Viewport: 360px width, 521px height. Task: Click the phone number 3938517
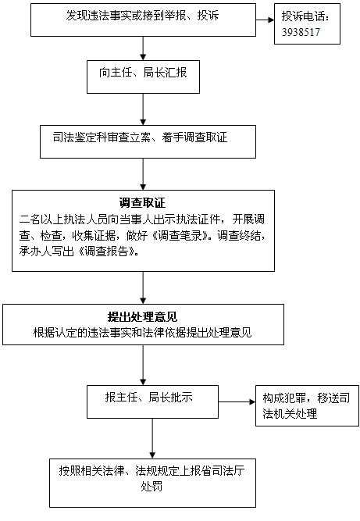coord(301,32)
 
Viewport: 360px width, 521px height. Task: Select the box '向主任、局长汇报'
coord(143,77)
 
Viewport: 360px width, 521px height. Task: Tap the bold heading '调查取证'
coord(142,202)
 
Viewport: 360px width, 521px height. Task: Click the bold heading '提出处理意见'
coord(142,317)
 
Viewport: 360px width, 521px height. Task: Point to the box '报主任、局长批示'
coord(152,401)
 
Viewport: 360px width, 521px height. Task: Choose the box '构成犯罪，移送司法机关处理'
coord(307,405)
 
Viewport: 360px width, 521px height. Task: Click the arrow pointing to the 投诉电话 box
coord(265,20)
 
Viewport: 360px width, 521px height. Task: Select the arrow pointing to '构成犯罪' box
coord(237,401)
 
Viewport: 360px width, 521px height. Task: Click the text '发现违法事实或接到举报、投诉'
coord(142,16)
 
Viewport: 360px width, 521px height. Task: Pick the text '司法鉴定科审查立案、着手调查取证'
coord(140,137)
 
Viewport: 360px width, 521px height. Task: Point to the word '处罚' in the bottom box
coord(151,487)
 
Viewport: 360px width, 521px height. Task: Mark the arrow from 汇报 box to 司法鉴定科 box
coord(143,109)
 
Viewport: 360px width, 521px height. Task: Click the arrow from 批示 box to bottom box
coord(152,438)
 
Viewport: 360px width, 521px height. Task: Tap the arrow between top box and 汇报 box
coord(143,48)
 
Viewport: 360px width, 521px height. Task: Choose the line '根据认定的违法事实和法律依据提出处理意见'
coord(142,333)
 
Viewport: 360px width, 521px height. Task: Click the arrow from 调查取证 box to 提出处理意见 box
coord(143,287)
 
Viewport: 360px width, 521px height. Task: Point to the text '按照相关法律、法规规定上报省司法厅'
coord(151,470)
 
